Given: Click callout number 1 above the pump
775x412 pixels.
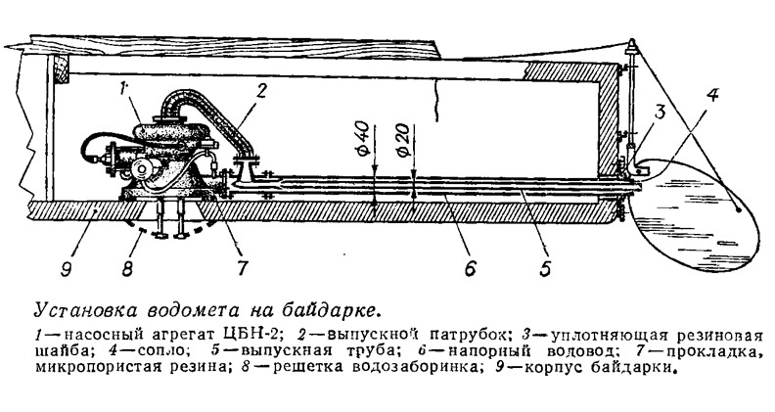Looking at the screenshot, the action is pyautogui.click(x=124, y=91).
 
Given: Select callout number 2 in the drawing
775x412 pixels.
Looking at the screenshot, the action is pyautogui.click(x=261, y=91).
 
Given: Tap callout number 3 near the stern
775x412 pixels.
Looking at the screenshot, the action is pyautogui.click(x=660, y=114).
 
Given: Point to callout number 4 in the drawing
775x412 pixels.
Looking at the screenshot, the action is pyautogui.click(x=711, y=95).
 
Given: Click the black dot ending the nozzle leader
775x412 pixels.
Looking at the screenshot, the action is pyautogui.click(x=739, y=209).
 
